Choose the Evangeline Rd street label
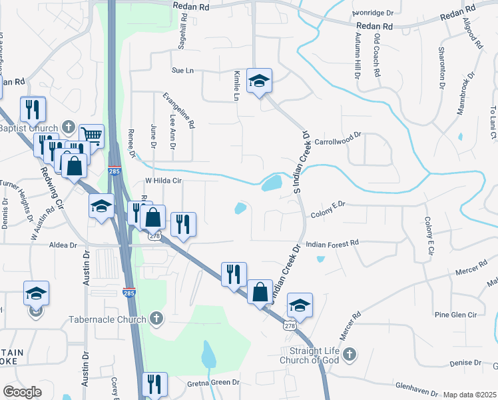tap(178, 109)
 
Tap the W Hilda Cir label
tap(163, 181)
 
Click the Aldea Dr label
tap(63, 245)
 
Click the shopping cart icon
tap(92, 136)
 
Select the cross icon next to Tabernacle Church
tap(156, 319)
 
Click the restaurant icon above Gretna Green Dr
tap(154, 383)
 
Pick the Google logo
tap(22, 392)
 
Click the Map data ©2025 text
tap(469, 395)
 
